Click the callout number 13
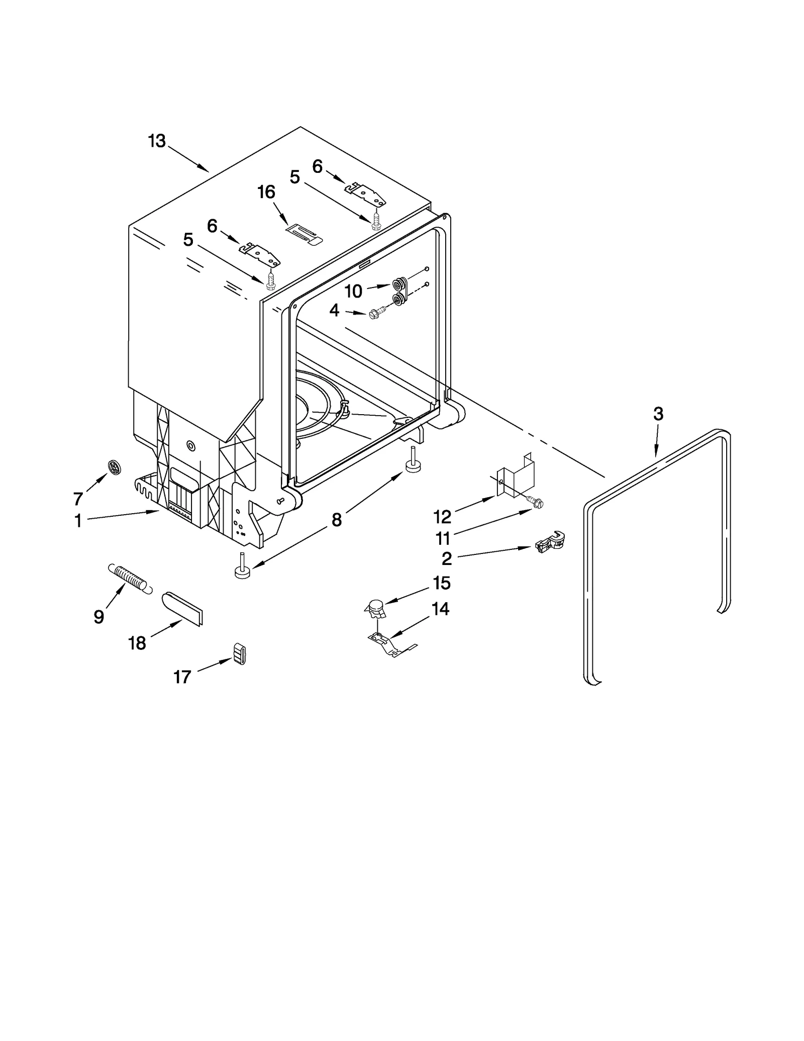tap(157, 141)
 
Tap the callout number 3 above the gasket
tap(658, 414)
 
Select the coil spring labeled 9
tap(129, 579)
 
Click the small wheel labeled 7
tap(115, 467)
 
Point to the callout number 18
tap(137, 643)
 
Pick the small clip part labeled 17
tap(240, 653)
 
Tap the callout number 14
tap(440, 609)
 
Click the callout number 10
tap(354, 291)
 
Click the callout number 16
tap(266, 192)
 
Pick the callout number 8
tap(337, 520)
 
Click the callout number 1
tap(78, 521)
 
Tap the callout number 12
tap(443, 517)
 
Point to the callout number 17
tap(182, 677)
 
